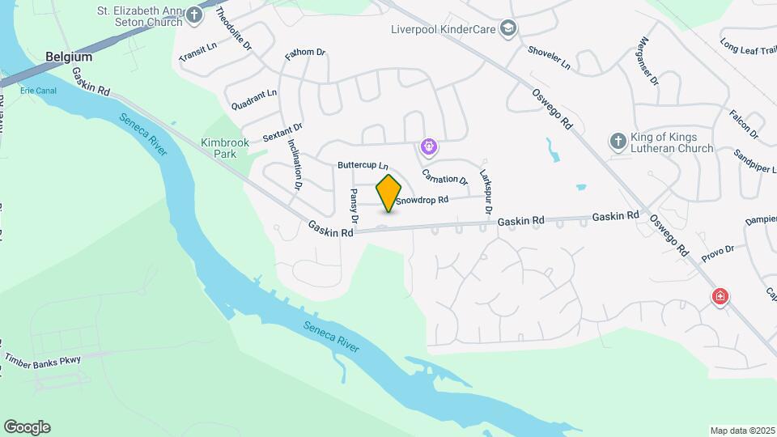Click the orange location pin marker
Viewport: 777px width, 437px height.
click(x=389, y=193)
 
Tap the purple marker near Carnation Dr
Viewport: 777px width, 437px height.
click(x=428, y=147)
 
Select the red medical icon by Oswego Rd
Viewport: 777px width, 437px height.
click(x=719, y=297)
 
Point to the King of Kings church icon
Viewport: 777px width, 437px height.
click(x=618, y=142)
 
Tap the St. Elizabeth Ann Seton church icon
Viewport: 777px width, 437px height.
click(x=193, y=15)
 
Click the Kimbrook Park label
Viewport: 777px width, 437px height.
click(x=219, y=147)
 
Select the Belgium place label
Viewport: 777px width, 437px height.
click(x=69, y=57)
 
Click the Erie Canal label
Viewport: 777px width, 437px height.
click(x=39, y=91)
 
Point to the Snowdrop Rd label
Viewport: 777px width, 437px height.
click(x=422, y=200)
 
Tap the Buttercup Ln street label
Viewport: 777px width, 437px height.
click(x=363, y=165)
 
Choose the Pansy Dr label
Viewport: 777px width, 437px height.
click(x=354, y=206)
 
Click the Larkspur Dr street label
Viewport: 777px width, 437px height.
click(x=486, y=191)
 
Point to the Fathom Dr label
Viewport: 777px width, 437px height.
click(x=305, y=53)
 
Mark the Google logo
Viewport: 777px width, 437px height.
click(x=27, y=427)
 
